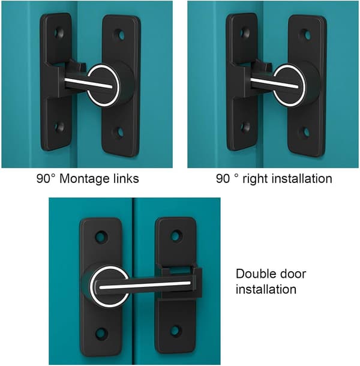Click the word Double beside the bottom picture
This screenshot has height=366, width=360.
253,274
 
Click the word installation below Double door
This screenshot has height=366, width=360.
266,289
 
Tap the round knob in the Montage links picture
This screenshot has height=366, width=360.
103,85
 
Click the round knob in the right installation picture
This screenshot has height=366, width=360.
289,85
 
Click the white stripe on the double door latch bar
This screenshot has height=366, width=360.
145,285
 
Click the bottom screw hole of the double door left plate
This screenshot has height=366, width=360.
101,334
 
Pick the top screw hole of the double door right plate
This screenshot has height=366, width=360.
176,236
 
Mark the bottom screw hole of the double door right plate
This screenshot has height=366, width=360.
176,331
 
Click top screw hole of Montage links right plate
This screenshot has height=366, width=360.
121,35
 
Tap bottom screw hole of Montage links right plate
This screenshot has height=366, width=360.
120,133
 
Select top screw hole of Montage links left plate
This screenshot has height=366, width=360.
59,33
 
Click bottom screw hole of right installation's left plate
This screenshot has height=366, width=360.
245,127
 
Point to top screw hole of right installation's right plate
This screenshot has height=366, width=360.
307,35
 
